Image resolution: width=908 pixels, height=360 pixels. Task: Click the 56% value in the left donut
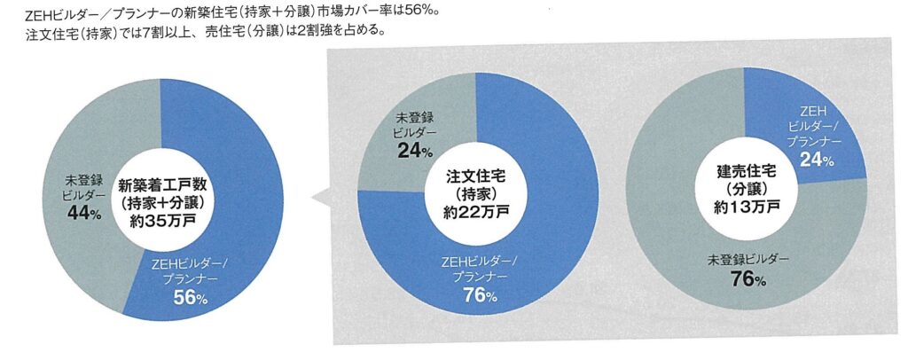pos(190,299)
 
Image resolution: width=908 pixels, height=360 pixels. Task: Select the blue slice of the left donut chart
pos(235,177)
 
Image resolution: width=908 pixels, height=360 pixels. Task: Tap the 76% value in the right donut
pos(747,281)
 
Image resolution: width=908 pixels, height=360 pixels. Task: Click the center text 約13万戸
pos(747,206)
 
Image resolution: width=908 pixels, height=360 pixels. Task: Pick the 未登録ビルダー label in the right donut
pos(747,258)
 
